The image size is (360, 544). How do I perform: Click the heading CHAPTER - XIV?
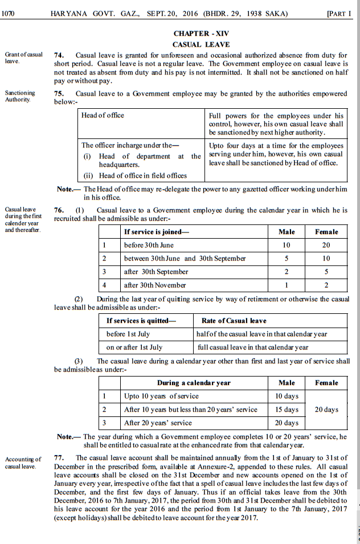click(201, 34)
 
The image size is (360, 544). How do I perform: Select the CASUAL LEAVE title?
click(201, 44)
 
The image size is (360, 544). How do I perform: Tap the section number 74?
click(58, 55)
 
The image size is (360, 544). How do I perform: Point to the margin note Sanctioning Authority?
click(20, 96)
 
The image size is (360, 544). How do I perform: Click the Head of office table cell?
click(103, 116)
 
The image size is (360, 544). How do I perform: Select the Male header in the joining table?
click(287, 232)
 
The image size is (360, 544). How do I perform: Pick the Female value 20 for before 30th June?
click(326, 245)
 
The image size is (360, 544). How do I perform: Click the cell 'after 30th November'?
click(155, 285)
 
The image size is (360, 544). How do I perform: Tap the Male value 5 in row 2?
click(287, 258)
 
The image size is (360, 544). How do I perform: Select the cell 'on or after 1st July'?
click(134, 347)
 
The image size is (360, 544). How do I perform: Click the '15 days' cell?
click(287, 410)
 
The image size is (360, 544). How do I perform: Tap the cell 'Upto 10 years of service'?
click(161, 396)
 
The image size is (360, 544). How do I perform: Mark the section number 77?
click(58, 457)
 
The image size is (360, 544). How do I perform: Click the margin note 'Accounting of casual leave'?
click(23, 463)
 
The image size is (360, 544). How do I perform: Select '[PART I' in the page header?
click(340, 13)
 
